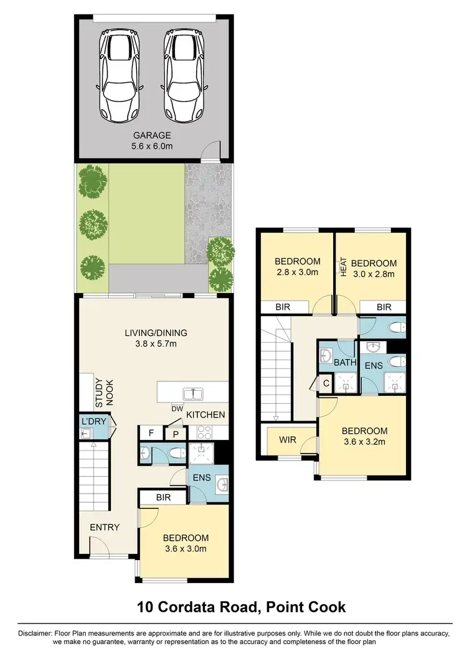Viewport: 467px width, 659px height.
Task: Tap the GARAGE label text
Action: pyautogui.click(x=151, y=135)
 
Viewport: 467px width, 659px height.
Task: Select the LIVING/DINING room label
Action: pyautogui.click(x=155, y=333)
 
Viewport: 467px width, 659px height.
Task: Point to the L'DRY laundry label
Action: pyautogui.click(x=95, y=421)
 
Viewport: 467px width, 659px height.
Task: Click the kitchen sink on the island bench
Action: pyautogui.click(x=193, y=393)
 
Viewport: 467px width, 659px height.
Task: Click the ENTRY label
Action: pyautogui.click(x=105, y=527)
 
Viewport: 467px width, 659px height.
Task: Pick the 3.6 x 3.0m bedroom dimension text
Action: pyautogui.click(x=186, y=548)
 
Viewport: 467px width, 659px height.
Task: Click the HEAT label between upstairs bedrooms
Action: pyautogui.click(x=342, y=267)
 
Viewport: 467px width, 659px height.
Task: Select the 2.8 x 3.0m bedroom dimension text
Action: pyautogui.click(x=297, y=272)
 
